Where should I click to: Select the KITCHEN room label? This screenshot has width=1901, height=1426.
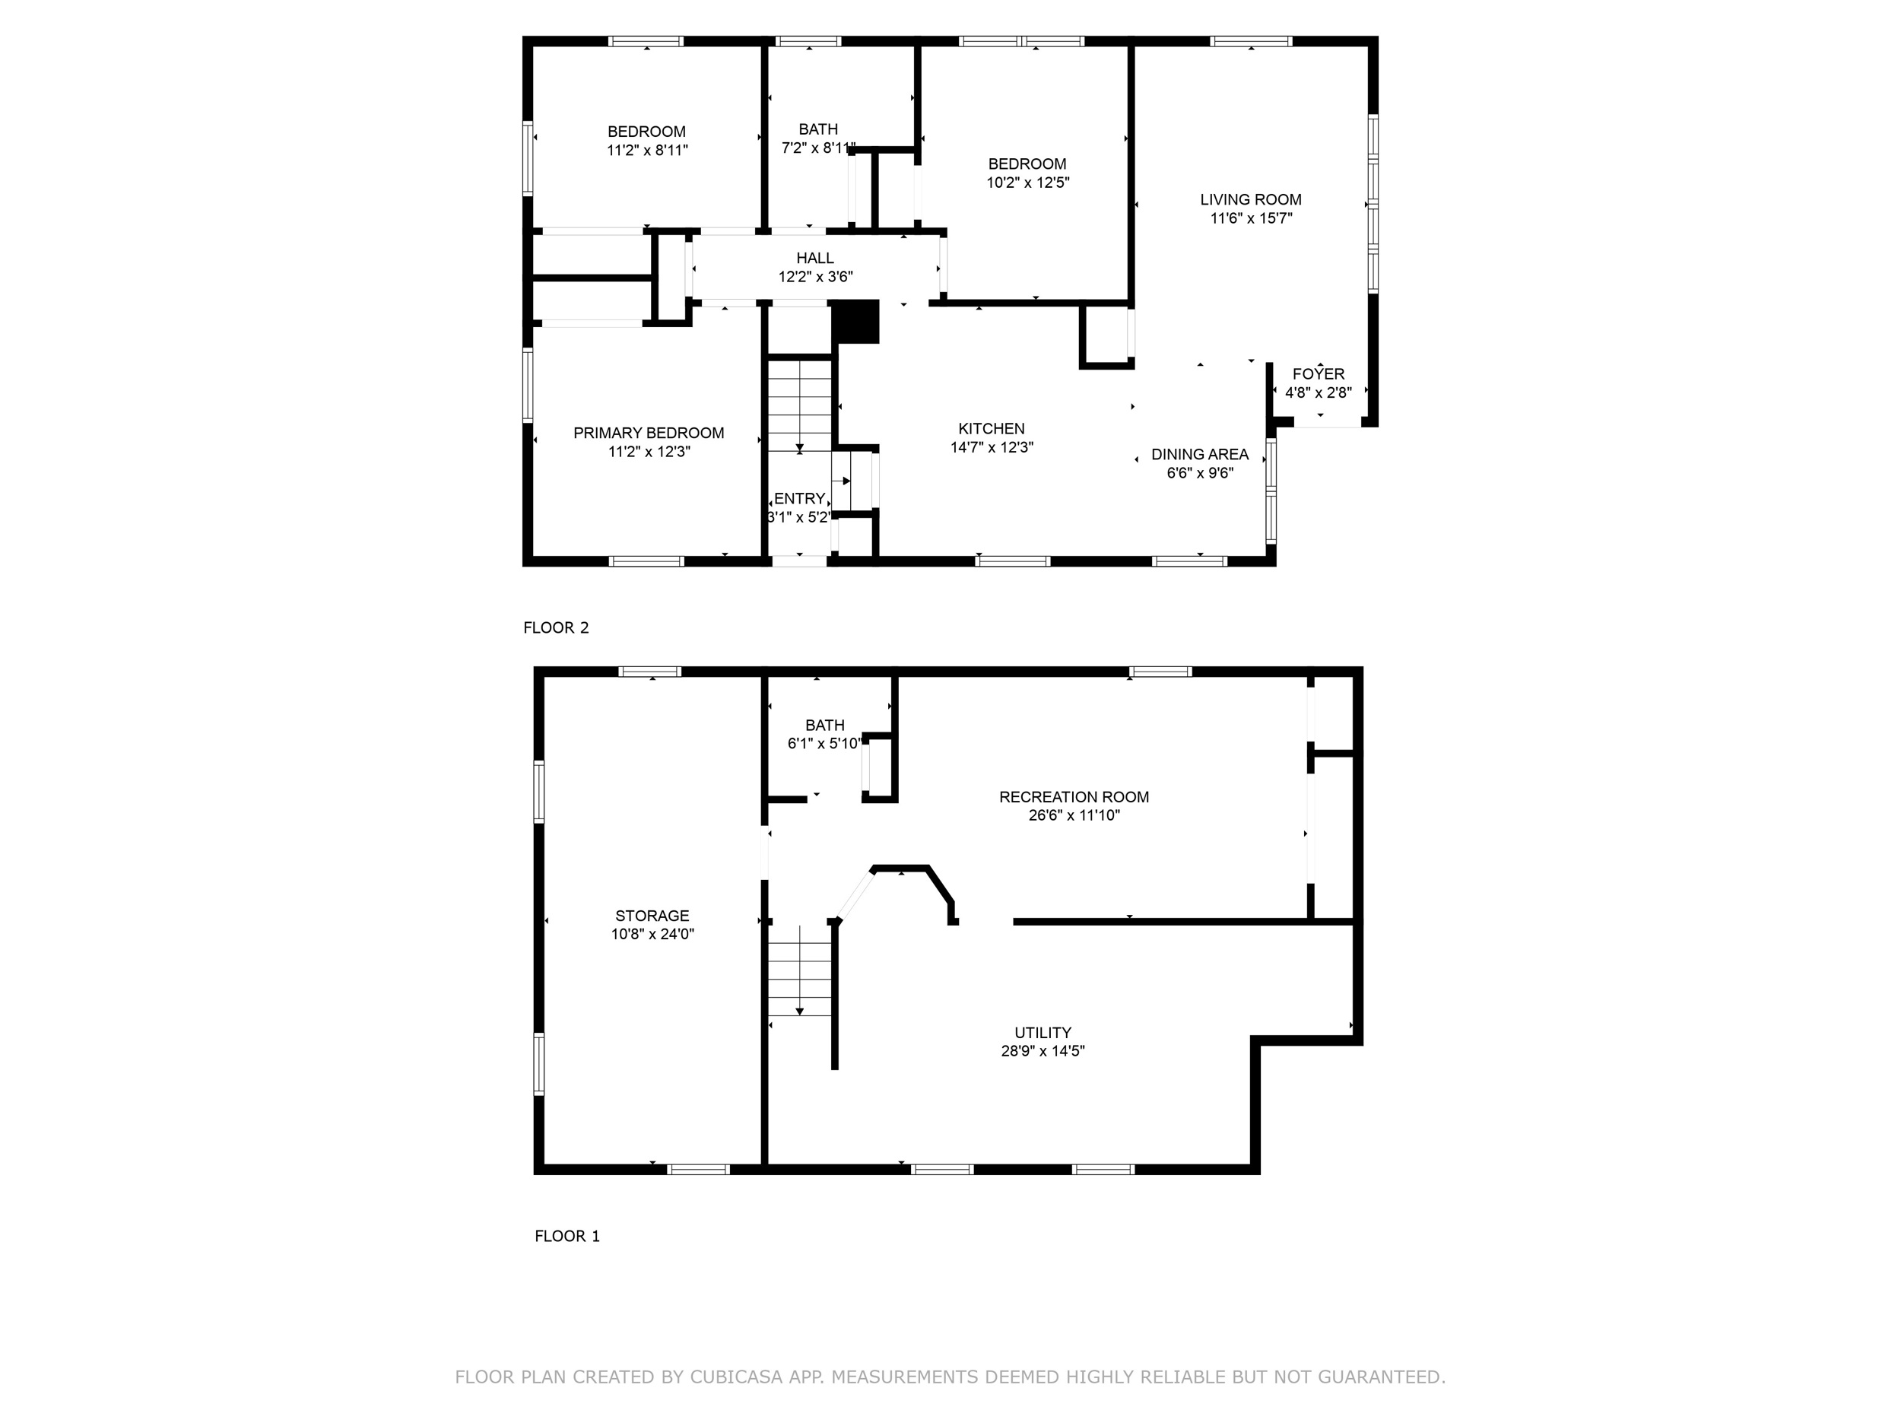click(992, 429)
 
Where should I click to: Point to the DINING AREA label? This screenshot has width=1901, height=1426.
click(1200, 455)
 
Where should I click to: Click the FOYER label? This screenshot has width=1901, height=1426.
click(1319, 374)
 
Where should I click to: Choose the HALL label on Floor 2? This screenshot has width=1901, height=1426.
click(814, 258)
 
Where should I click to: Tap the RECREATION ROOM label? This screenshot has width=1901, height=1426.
click(1074, 797)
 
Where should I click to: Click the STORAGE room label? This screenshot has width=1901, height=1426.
click(652, 916)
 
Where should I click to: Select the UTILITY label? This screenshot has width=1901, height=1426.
click(1043, 1032)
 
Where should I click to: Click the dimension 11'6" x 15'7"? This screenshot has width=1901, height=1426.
click(1252, 218)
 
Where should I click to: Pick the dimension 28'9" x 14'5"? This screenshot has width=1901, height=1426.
click(1043, 1050)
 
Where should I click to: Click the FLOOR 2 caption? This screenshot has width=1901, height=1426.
click(556, 627)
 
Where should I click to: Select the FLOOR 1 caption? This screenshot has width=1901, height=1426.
click(567, 1236)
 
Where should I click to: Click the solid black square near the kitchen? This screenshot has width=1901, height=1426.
click(856, 322)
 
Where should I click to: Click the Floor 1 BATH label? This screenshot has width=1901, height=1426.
click(825, 726)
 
